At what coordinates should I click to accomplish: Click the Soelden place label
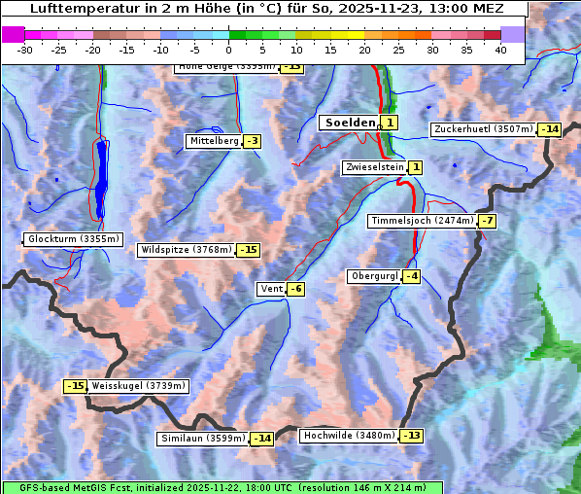pos(348,123)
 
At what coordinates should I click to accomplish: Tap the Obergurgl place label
pos(374,276)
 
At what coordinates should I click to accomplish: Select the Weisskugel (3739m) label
pos(138,386)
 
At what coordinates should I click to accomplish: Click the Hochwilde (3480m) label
pos(348,436)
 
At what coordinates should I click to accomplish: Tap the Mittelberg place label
pos(214,141)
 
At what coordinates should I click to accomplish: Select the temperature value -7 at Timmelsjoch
pos(487,221)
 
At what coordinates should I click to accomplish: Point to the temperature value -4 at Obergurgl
pos(412,276)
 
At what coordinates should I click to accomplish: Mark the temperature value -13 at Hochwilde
pos(411,436)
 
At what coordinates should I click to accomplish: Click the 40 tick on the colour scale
pos(500,50)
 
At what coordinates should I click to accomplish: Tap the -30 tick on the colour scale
pos(25,50)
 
